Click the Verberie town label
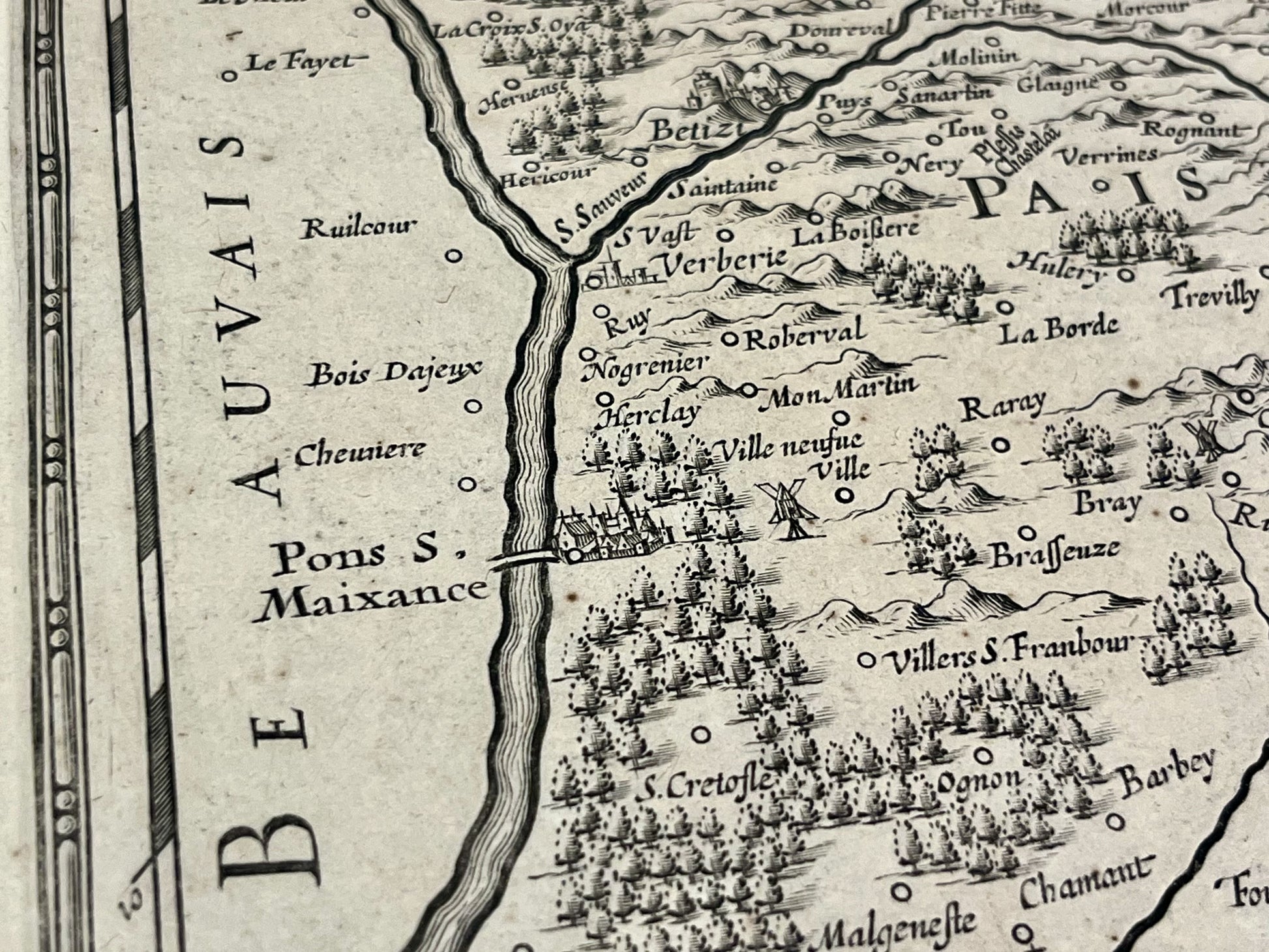coord(724,262)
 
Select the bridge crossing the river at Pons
coord(524,559)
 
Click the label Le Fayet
coord(299,63)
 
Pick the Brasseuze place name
coord(1055,553)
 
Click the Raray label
coord(1003,407)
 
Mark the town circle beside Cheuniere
coord(467,484)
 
